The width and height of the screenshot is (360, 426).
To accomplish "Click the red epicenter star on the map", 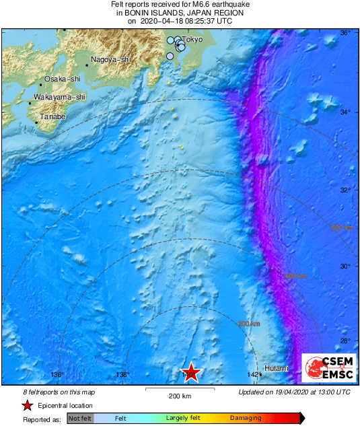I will [191, 372].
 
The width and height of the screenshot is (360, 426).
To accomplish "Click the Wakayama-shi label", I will [59, 98].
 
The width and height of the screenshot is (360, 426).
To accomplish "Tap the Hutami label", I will [276, 369].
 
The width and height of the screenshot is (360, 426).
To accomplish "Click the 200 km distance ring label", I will [248, 324].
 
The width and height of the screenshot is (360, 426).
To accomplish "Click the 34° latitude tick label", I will [345, 112].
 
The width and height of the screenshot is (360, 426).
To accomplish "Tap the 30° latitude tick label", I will [345, 267].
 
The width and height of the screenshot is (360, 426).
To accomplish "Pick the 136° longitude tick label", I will [57, 375].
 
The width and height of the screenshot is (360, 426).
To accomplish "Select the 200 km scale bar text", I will [180, 396].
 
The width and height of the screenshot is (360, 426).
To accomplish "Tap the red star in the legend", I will [28, 405].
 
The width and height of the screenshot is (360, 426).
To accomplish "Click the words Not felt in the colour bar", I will [80, 419].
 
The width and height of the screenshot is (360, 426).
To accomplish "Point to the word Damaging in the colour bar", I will [246, 419].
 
